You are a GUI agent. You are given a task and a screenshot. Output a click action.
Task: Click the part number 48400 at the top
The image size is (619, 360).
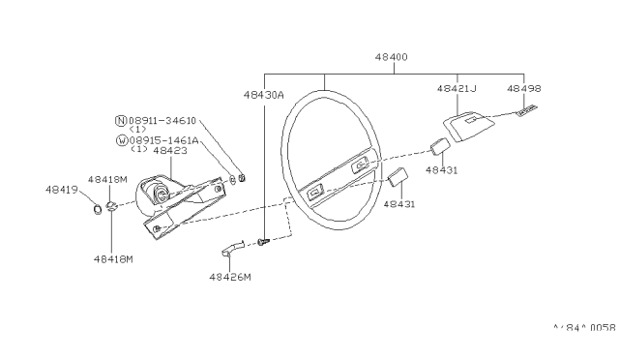click(x=391, y=57)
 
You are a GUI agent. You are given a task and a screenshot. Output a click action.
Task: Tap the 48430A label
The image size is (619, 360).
click(x=263, y=95)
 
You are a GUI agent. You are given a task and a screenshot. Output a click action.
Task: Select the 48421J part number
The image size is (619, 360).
click(x=457, y=88)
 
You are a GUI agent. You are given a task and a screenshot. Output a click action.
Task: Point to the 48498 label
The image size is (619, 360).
click(x=523, y=88)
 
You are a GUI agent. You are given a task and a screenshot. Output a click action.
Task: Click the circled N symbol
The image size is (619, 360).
click(x=121, y=121)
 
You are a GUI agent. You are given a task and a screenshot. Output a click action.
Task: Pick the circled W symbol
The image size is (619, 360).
click(x=122, y=140)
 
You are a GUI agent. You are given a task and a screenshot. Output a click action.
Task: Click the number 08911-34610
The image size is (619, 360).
click(x=162, y=121)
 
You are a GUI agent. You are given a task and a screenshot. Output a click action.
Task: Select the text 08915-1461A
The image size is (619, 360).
click(x=163, y=140)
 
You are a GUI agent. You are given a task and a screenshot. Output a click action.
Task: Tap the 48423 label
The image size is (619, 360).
click(x=170, y=151)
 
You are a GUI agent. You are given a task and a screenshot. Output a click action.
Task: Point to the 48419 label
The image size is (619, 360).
click(x=62, y=190)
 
